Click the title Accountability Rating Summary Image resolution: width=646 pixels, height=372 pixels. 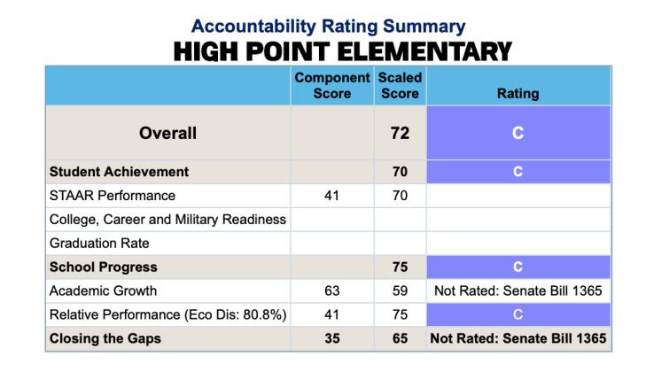(328, 27)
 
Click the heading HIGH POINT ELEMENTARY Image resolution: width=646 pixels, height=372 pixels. (343, 52)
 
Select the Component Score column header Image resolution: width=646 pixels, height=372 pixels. (332, 85)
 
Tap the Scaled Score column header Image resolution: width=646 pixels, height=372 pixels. (400, 85)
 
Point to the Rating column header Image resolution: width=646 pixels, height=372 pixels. (518, 93)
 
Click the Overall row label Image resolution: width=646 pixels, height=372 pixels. (167, 133)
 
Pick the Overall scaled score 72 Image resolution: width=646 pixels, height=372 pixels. (400, 133)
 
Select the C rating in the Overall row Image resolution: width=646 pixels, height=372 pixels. (518, 133)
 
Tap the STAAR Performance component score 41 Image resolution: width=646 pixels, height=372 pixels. (332, 195)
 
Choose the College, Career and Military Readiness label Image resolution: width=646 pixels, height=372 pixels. (167, 219)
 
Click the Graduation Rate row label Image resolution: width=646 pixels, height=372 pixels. (98, 243)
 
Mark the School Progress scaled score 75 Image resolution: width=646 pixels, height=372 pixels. (400, 267)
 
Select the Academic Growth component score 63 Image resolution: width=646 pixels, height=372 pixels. (332, 291)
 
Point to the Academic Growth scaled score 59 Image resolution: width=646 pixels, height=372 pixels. (400, 291)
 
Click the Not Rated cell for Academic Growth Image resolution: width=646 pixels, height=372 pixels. (518, 291)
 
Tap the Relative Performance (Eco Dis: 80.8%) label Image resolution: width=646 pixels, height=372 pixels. (168, 314)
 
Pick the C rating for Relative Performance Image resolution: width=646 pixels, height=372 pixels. (518, 314)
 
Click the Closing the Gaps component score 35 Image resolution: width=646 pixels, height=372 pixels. (332, 337)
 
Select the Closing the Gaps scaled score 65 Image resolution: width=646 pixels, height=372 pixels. (400, 337)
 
